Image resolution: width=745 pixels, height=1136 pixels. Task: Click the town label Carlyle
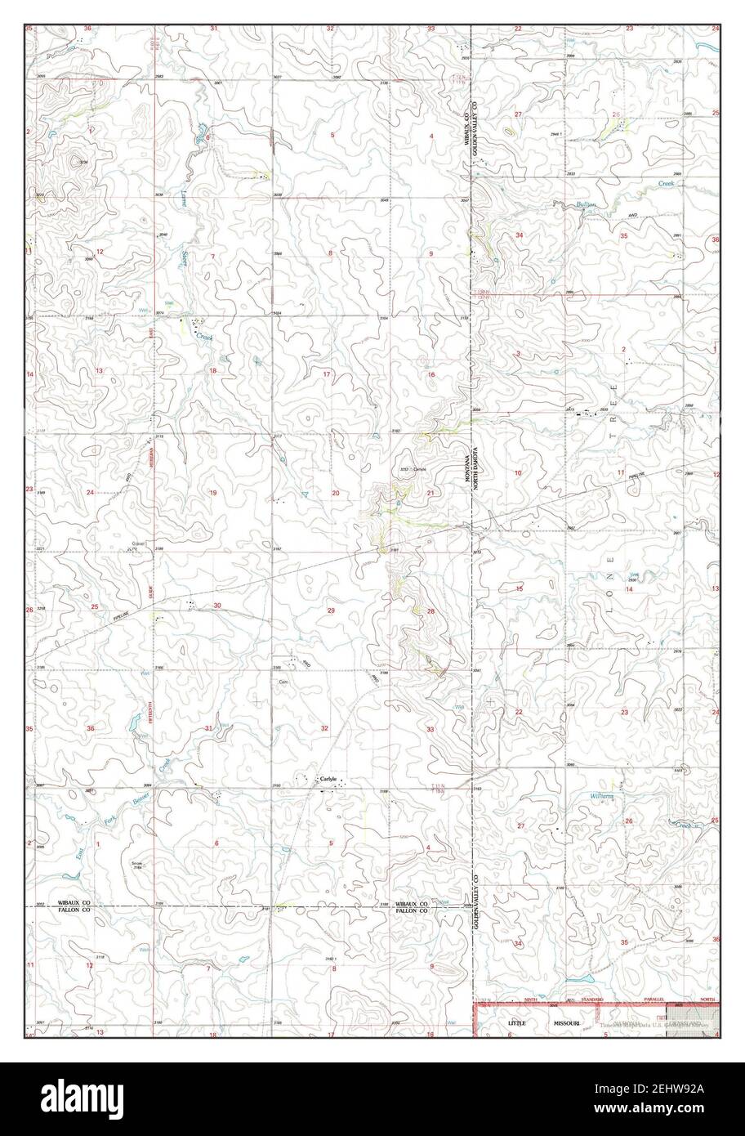coord(328,778)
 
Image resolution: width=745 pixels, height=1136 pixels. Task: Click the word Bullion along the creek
coord(586,204)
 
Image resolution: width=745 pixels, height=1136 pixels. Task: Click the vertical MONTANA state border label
coord(468,471)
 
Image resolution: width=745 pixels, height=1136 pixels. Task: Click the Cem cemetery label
coord(283,681)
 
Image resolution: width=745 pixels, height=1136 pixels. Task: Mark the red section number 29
coord(331,610)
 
